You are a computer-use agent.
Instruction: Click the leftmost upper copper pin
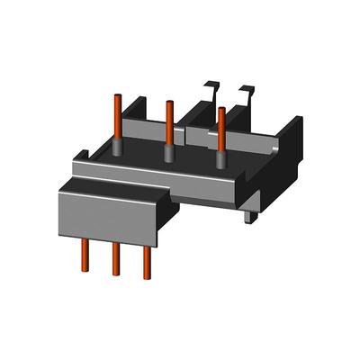click(x=117, y=117)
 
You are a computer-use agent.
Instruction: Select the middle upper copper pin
click(x=169, y=121)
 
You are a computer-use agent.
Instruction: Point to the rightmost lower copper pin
click(x=147, y=261)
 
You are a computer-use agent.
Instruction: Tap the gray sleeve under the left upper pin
click(x=118, y=150)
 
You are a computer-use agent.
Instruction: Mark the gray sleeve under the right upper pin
click(x=220, y=156)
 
